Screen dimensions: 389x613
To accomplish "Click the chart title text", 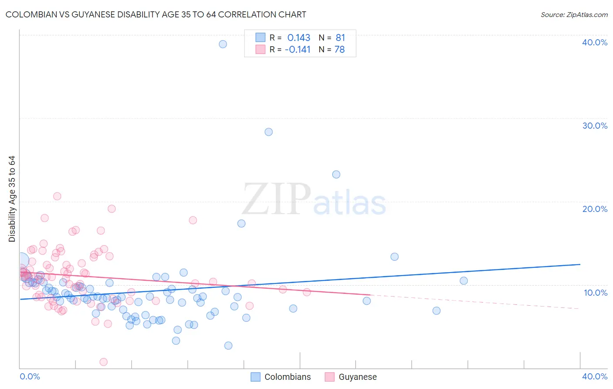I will click(x=156, y=14).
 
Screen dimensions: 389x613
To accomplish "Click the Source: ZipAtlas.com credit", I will click(x=574, y=14).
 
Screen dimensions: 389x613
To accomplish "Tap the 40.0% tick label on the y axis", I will click(x=595, y=42).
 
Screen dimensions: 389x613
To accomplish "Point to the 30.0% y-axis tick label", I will click(x=595, y=126).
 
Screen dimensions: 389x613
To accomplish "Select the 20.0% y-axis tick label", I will click(x=595, y=209).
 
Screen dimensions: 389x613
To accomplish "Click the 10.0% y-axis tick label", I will click(x=596, y=293).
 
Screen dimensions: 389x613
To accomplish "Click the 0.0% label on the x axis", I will click(x=30, y=376).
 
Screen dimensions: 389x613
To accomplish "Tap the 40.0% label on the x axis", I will click(x=595, y=376).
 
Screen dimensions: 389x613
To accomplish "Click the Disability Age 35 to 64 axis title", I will click(x=12, y=199).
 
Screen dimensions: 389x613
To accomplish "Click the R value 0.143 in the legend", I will click(x=299, y=38).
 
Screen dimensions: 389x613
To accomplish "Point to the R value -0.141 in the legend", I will click(x=297, y=50).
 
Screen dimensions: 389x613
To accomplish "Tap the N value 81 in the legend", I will click(x=340, y=38).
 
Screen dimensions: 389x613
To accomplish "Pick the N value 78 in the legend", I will click(x=339, y=50).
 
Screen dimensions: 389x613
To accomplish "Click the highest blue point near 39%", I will click(x=223, y=44).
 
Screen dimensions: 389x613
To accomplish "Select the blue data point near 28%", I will click(x=269, y=132).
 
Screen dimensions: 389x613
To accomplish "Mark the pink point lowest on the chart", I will click(x=103, y=362).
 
